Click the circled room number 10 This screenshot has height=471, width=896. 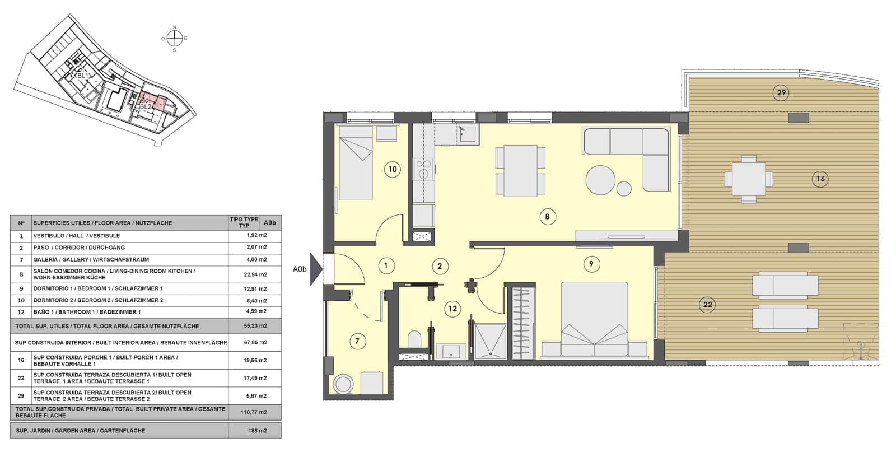click(393, 169)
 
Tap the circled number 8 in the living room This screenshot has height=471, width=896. click(548, 217)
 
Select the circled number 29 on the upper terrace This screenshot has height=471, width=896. click(781, 92)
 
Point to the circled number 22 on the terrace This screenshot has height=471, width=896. click(708, 305)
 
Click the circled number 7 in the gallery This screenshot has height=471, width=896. click(357, 341)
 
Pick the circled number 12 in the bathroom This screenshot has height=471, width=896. click(452, 308)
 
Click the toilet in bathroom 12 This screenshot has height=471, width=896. click(414, 339)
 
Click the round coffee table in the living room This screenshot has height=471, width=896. click(600, 180)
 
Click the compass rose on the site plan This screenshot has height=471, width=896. click(175, 38)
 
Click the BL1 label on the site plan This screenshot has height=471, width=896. click(83, 76)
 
